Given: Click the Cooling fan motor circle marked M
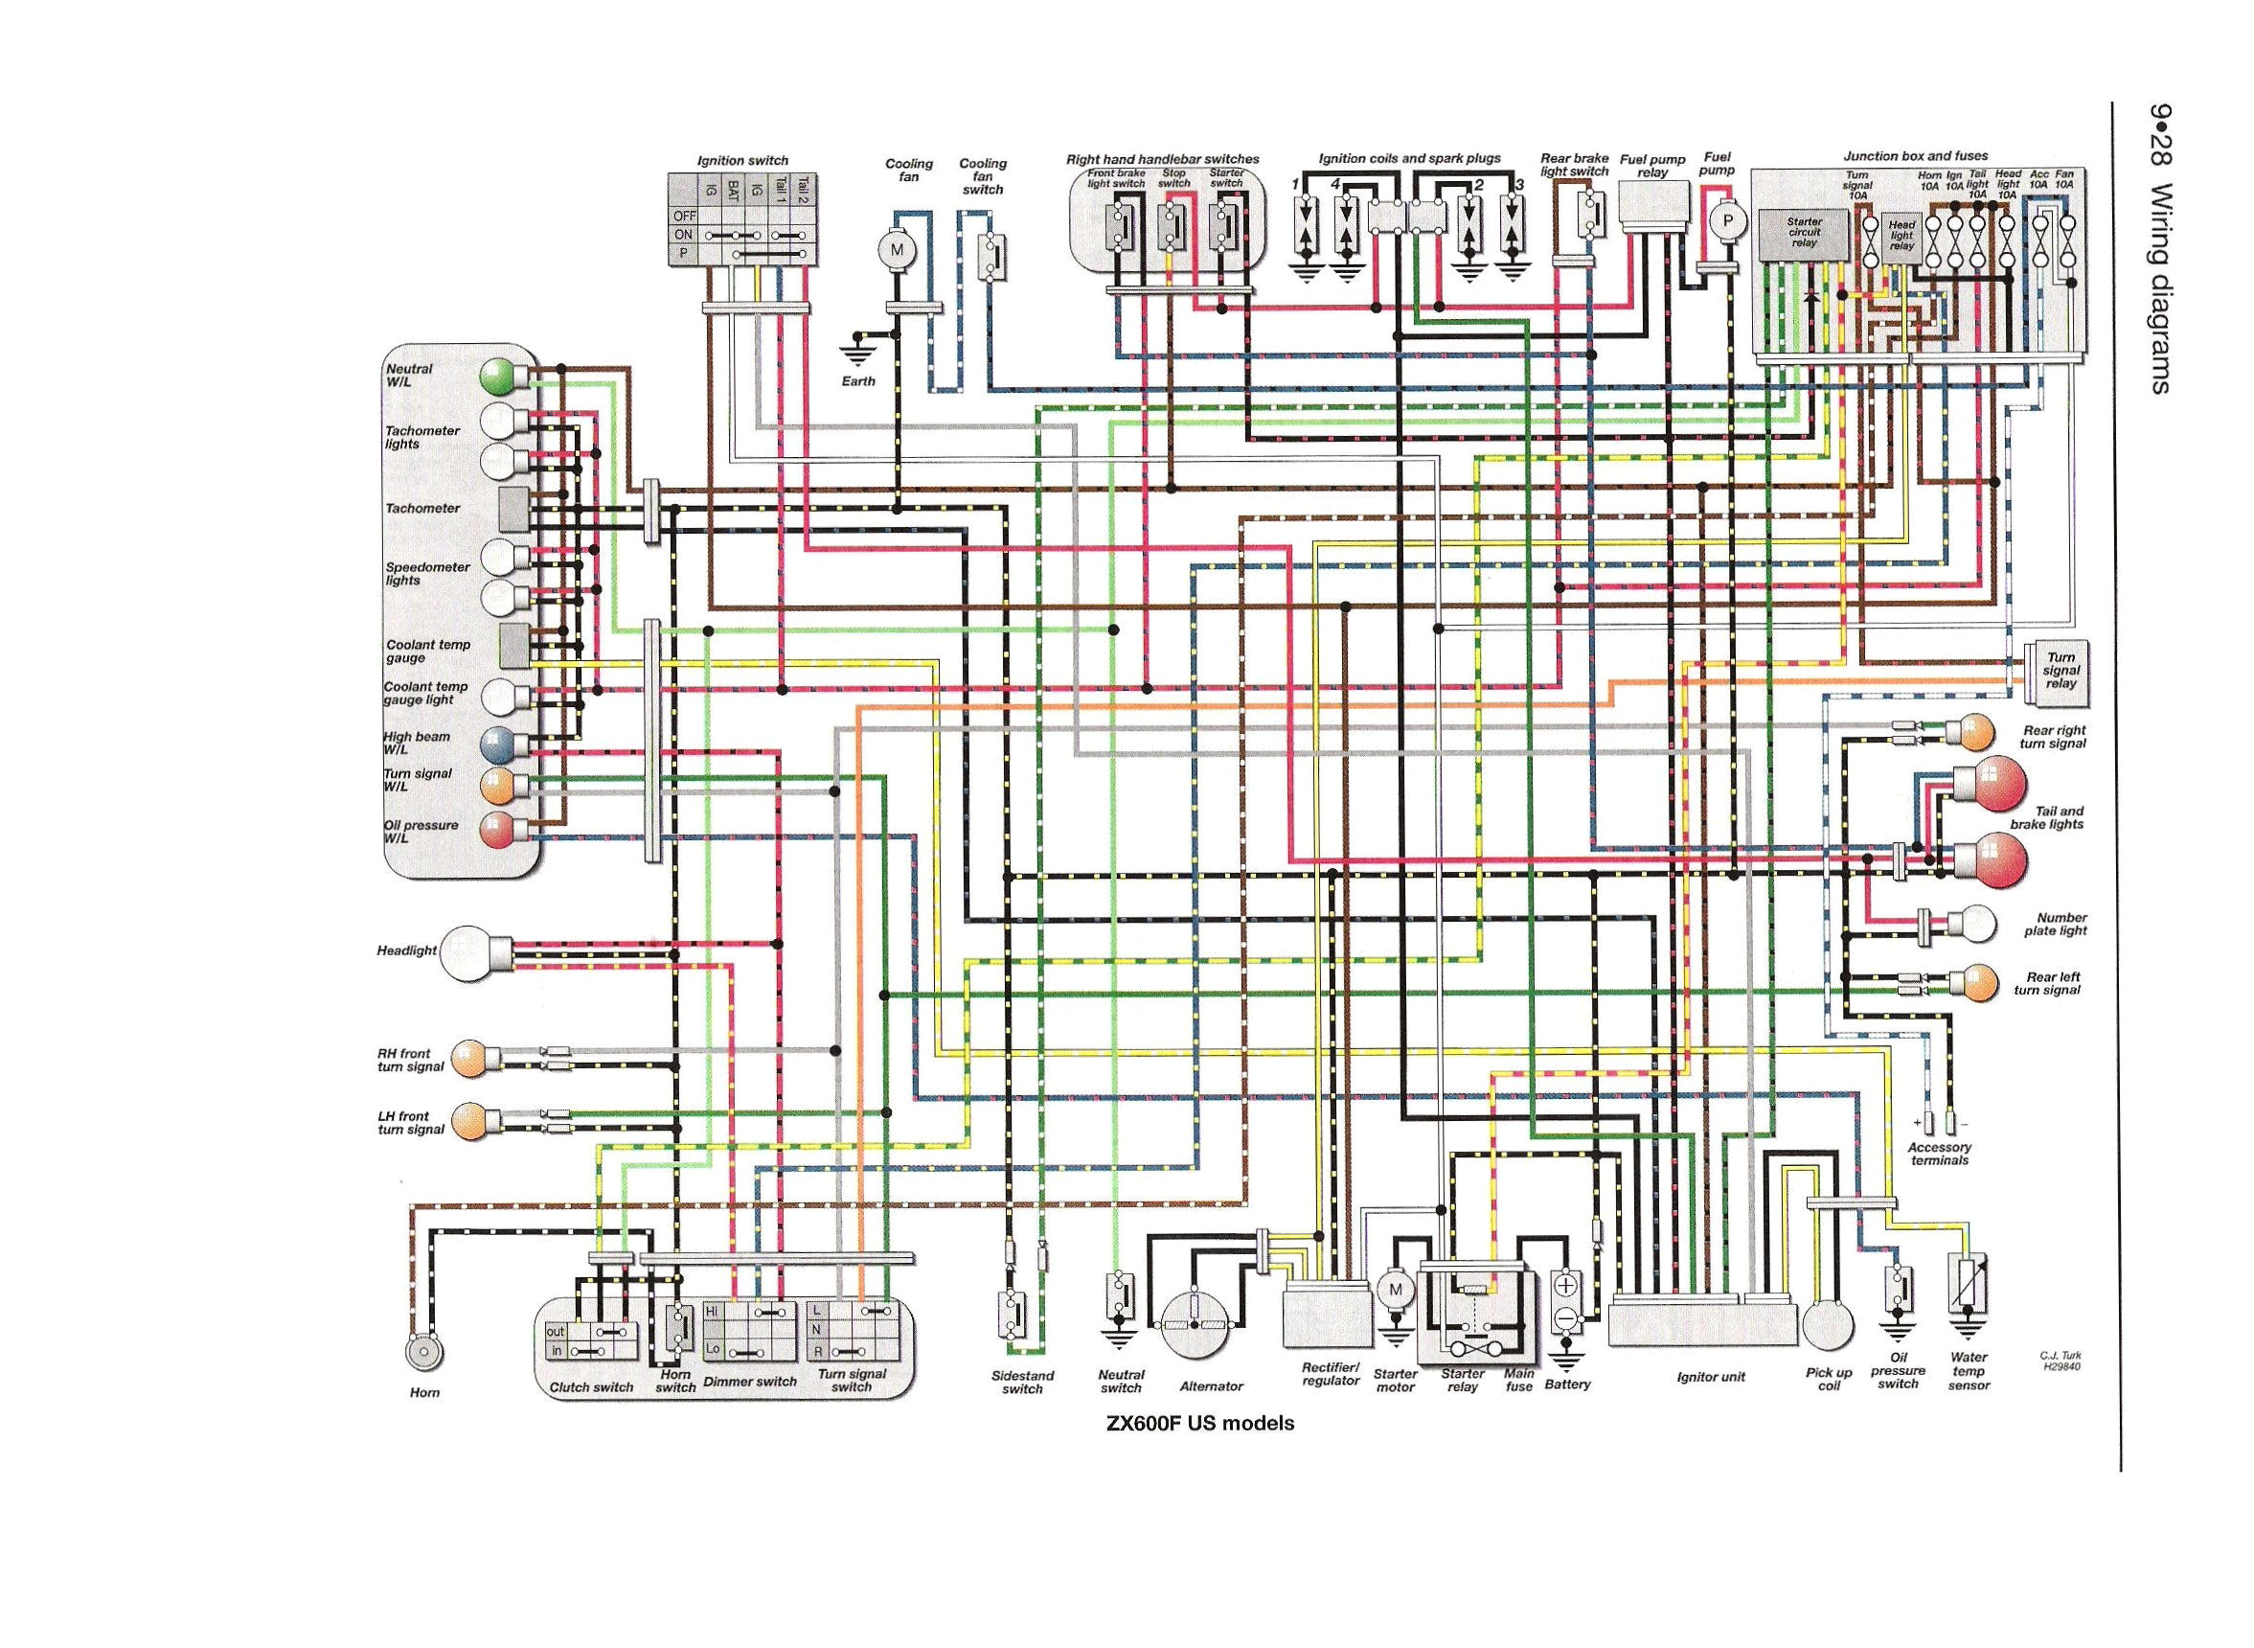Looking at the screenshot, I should pos(896,251).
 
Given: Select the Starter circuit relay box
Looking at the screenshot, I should pos(1804,234).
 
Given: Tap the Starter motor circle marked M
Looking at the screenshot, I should pos(1396,1290).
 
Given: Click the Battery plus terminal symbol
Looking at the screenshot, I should pos(1566,1285).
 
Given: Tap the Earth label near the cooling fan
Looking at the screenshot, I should pos(857,381).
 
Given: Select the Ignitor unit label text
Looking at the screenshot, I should pos(1711,1377).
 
